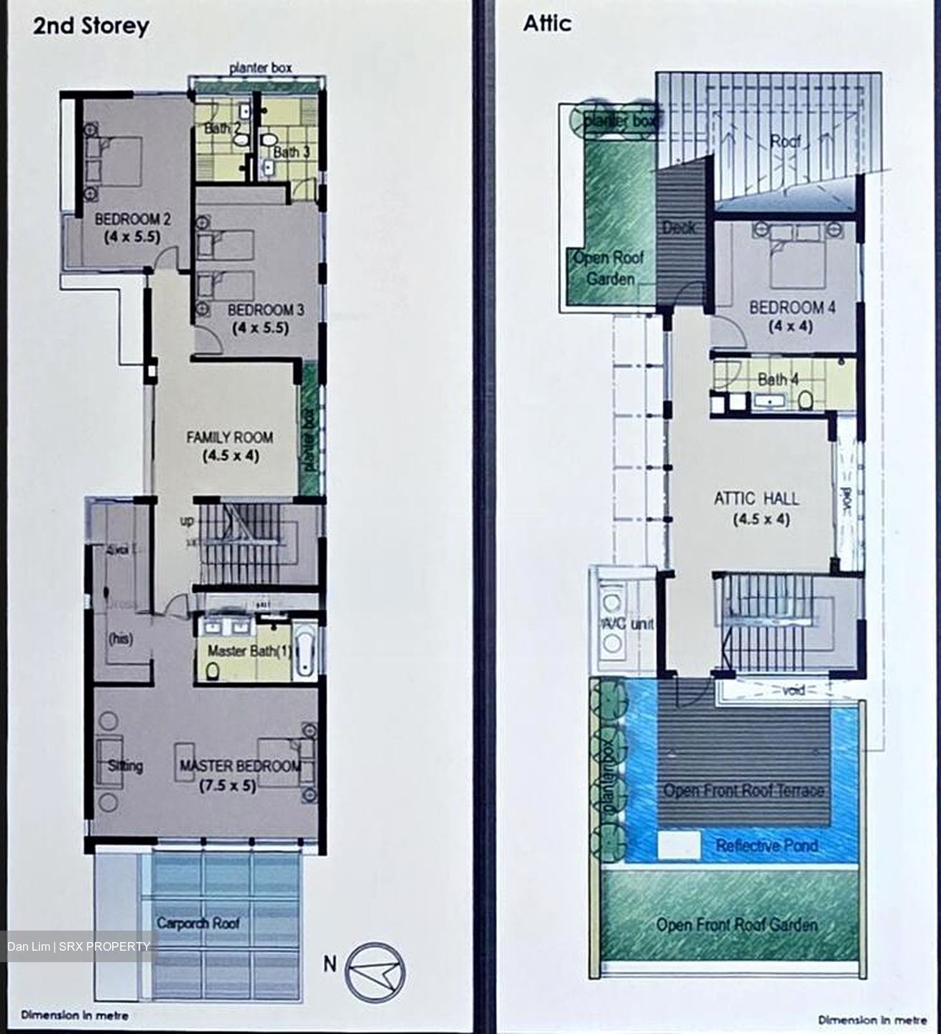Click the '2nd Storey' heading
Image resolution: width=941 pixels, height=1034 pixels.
point(91,27)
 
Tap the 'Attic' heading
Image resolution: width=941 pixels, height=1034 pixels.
point(547,24)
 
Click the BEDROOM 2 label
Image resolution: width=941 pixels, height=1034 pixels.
point(133,219)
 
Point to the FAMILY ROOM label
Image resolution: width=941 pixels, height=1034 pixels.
point(229,437)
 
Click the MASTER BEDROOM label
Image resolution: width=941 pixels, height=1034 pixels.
point(240,766)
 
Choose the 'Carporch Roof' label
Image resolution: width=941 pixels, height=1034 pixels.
point(198,923)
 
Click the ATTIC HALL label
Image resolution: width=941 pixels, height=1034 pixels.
point(756,498)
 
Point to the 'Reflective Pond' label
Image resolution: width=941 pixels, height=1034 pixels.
point(766,846)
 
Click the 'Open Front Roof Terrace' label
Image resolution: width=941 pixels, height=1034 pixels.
point(743,791)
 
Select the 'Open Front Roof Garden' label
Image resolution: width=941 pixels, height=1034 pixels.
point(736,925)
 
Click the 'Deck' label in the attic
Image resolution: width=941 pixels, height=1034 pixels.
point(678,228)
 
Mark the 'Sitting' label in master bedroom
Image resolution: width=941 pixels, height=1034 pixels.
point(125,765)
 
